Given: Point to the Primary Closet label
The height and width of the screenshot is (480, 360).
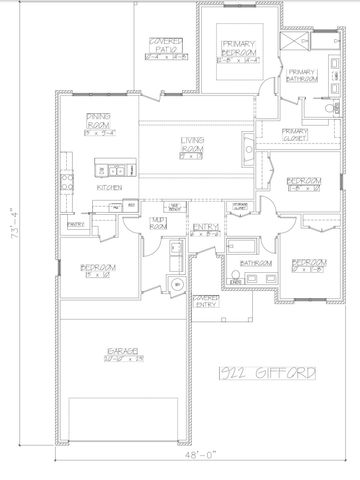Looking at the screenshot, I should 295,135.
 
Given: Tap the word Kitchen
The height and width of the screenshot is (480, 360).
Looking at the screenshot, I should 110,187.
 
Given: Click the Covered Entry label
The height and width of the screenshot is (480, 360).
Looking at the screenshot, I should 207,301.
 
